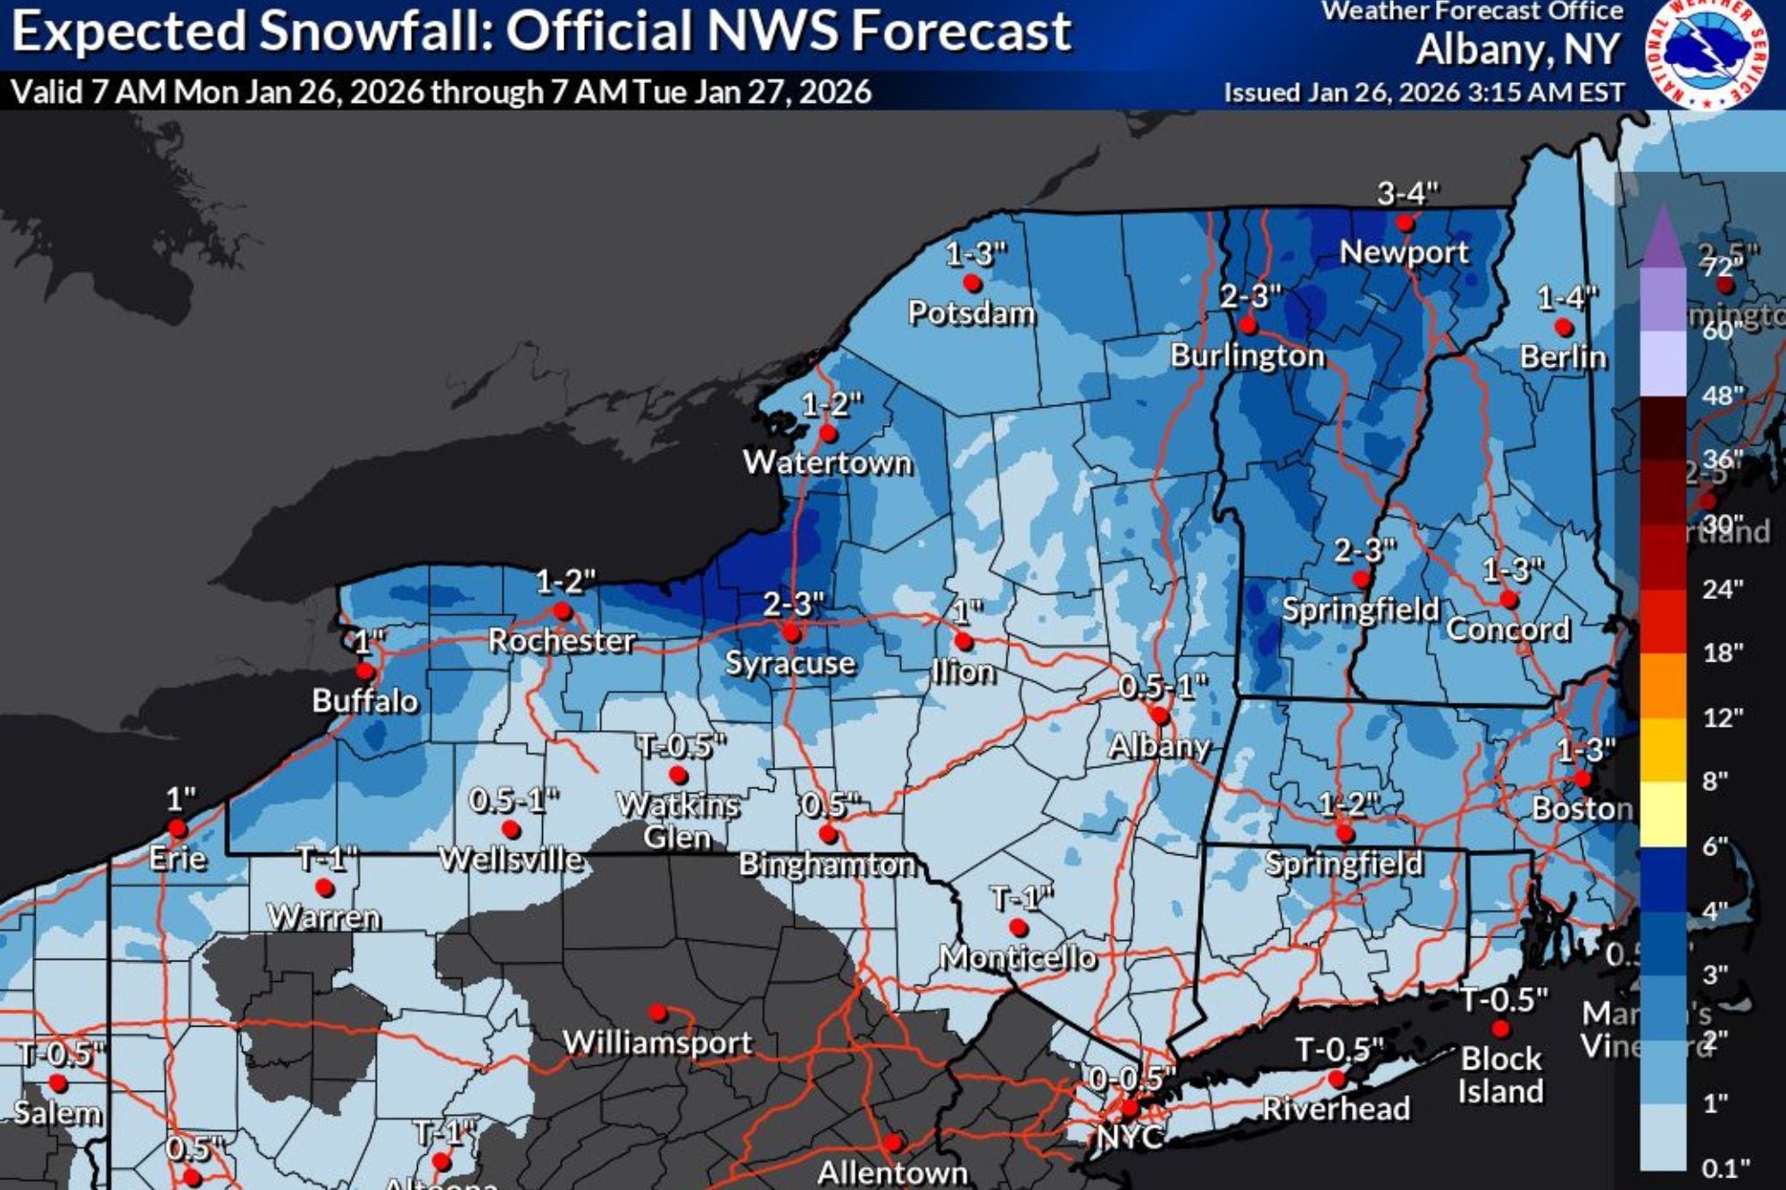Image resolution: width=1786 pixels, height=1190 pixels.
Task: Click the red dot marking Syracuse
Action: [791, 633]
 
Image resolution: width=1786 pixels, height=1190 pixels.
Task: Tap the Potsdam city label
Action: [972, 313]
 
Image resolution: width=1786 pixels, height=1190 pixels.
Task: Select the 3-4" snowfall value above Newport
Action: [1408, 193]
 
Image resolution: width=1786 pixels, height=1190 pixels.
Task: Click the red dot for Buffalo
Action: [364, 670]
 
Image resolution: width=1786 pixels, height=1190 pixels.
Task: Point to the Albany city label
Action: [1159, 745]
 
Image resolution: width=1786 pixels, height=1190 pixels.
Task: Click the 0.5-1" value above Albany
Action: [1163, 687]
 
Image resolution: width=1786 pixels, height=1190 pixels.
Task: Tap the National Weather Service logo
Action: [1707, 54]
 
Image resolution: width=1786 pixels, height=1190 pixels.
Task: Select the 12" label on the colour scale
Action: [1723, 718]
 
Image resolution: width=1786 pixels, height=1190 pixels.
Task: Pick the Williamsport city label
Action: [657, 1043]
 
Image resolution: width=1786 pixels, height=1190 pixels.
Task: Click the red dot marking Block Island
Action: [1501, 1028]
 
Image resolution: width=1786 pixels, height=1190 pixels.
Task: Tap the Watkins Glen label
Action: [678, 820]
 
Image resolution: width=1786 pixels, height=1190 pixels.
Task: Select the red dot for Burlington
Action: [1248, 325]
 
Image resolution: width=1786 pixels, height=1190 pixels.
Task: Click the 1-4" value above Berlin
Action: [1567, 297]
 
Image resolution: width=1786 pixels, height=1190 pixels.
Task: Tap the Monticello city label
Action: [1018, 958]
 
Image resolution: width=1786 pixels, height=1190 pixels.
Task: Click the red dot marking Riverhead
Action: [1337, 1078]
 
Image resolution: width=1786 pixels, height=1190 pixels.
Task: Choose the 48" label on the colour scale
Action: [1723, 395]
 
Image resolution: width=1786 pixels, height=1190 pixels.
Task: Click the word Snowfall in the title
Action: [376, 32]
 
